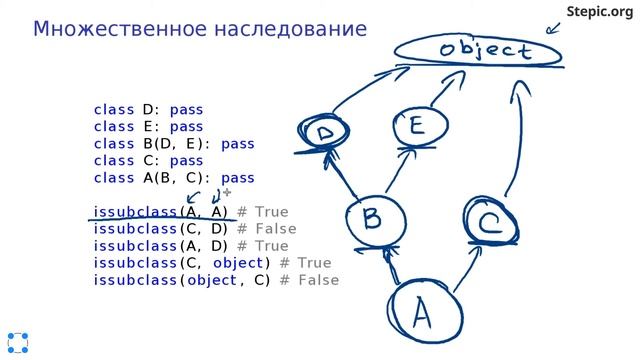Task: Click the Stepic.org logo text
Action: coord(600,11)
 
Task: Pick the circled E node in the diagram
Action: coord(414,128)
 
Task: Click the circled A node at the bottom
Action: coord(421,312)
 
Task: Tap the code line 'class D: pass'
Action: coord(148,109)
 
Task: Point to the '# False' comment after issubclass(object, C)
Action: coord(310,280)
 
